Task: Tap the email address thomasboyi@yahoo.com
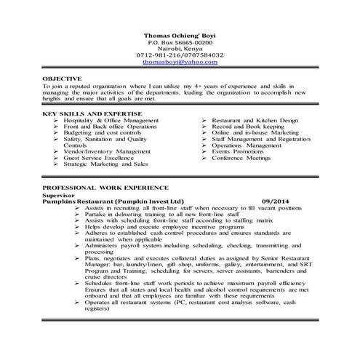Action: coord(180,63)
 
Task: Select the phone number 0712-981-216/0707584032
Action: coord(180,55)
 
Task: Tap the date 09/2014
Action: coord(276,201)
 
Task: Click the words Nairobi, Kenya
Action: coord(180,48)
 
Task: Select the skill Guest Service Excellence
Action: coord(101,158)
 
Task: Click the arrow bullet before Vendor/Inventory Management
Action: coord(57,151)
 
